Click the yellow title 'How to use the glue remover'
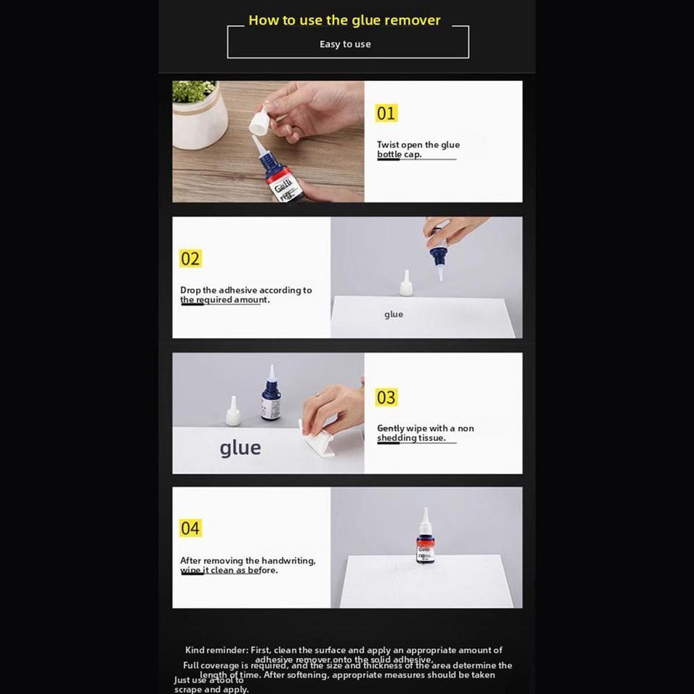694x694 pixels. click(344, 20)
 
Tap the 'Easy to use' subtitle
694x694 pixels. click(345, 44)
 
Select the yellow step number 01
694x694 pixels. click(386, 113)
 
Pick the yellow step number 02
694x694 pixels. click(190, 259)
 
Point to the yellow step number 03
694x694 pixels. click(386, 398)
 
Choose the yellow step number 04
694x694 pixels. click(190, 528)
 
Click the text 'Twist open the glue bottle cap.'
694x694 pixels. click(418, 150)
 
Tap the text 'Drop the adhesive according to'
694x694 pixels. click(246, 290)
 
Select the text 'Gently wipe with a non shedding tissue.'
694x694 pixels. click(425, 433)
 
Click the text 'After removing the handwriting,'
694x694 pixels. click(247, 560)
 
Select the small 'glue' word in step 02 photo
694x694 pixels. click(394, 314)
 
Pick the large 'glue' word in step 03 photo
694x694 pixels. click(240, 447)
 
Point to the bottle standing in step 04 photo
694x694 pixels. click(425, 538)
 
